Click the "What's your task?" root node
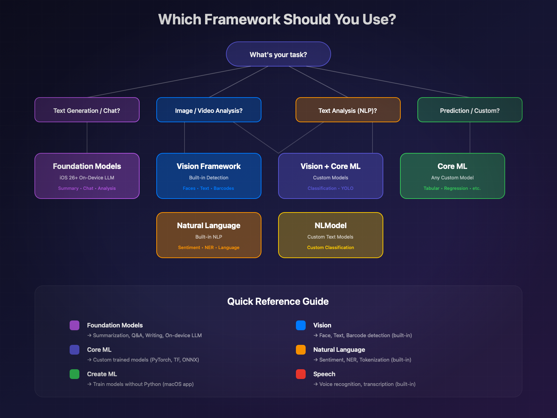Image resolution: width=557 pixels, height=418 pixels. click(x=278, y=54)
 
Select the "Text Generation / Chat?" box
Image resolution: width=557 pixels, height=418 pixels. click(x=87, y=110)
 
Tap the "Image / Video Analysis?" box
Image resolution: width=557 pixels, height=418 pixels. click(x=209, y=110)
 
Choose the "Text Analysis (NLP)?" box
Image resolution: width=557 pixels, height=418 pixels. click(x=348, y=110)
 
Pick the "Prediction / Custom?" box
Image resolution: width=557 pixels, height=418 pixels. click(x=470, y=110)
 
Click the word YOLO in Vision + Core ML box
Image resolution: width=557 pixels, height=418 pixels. click(x=347, y=188)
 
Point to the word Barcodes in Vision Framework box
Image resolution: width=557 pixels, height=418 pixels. click(x=223, y=188)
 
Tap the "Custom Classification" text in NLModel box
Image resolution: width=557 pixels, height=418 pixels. click(x=330, y=248)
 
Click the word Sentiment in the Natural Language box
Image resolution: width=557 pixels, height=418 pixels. click(x=189, y=248)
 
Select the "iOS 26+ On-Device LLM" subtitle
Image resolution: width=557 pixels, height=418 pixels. click(x=87, y=178)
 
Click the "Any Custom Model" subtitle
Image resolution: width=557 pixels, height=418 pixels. click(x=452, y=178)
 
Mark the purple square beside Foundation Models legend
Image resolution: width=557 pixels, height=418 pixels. click(x=74, y=325)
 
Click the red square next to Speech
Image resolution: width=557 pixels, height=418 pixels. click(x=301, y=374)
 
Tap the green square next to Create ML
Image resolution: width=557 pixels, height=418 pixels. click(x=74, y=374)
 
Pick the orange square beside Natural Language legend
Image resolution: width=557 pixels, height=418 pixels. click(x=301, y=350)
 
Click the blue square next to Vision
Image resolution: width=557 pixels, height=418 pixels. click(x=301, y=325)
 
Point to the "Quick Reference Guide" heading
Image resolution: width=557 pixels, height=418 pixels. click(x=278, y=301)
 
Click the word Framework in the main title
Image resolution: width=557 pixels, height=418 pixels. click(x=242, y=20)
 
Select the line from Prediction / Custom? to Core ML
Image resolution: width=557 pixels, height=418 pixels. click(x=470, y=138)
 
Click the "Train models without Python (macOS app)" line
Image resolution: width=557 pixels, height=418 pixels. click(x=143, y=384)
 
